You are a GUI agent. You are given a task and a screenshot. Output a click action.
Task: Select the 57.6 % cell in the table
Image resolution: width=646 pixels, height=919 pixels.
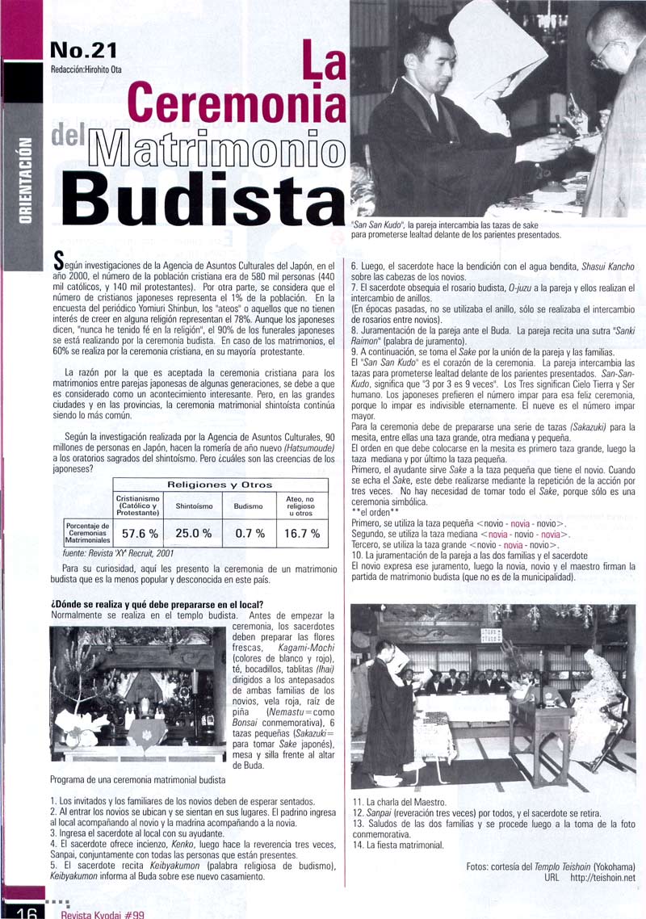click(139, 533)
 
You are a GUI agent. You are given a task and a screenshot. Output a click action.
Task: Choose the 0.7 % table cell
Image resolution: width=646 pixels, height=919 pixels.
click(250, 533)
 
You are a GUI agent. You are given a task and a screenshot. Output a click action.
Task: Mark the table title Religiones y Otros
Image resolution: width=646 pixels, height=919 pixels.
click(220, 485)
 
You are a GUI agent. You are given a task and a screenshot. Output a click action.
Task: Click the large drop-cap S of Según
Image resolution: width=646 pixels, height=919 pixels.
click(57, 260)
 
